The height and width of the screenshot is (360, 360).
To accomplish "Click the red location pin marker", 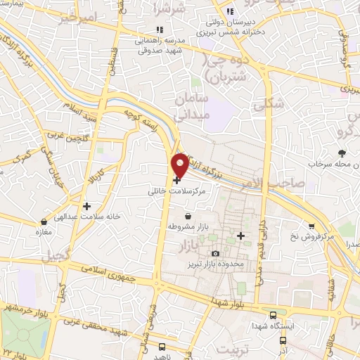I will pyautogui.click(x=181, y=165).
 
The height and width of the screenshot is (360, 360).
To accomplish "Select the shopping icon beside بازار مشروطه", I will pyautogui.click(x=188, y=216).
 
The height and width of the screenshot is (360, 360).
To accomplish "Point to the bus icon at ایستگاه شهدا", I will pyautogui.click(x=273, y=315).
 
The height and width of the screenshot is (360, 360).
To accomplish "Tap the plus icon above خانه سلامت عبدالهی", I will pyautogui.click(x=86, y=207).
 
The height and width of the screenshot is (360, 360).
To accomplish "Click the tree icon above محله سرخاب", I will pyautogui.click(x=342, y=153).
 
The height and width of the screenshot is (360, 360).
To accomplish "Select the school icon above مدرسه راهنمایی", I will pyautogui.click(x=160, y=30).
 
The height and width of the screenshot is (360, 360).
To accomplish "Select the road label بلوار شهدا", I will pyautogui.click(x=229, y=302).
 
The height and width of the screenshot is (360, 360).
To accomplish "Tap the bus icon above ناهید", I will pyautogui.click(x=162, y=347).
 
